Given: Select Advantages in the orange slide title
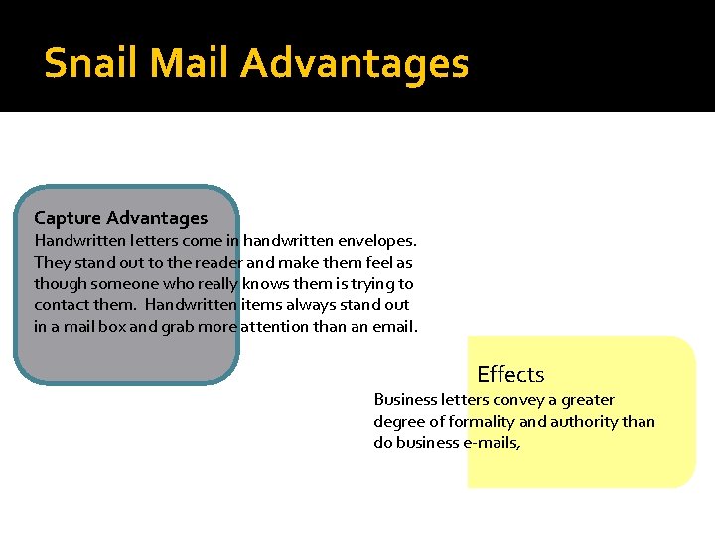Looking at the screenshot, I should click(x=355, y=63).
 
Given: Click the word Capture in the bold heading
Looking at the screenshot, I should click(x=68, y=218).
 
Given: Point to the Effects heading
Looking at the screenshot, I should click(x=510, y=375).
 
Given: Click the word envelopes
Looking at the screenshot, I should click(x=378, y=240).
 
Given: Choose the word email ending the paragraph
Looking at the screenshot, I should click(x=394, y=327).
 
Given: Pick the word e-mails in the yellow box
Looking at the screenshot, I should click(x=492, y=444).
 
